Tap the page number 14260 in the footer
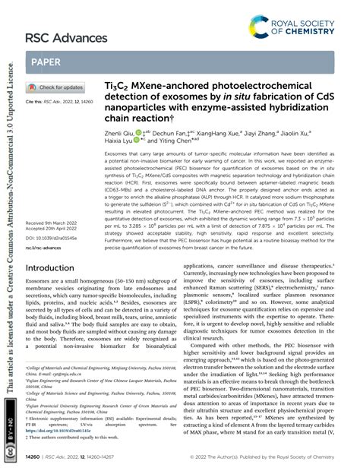pos(36,456)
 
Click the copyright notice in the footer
pos(270,456)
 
